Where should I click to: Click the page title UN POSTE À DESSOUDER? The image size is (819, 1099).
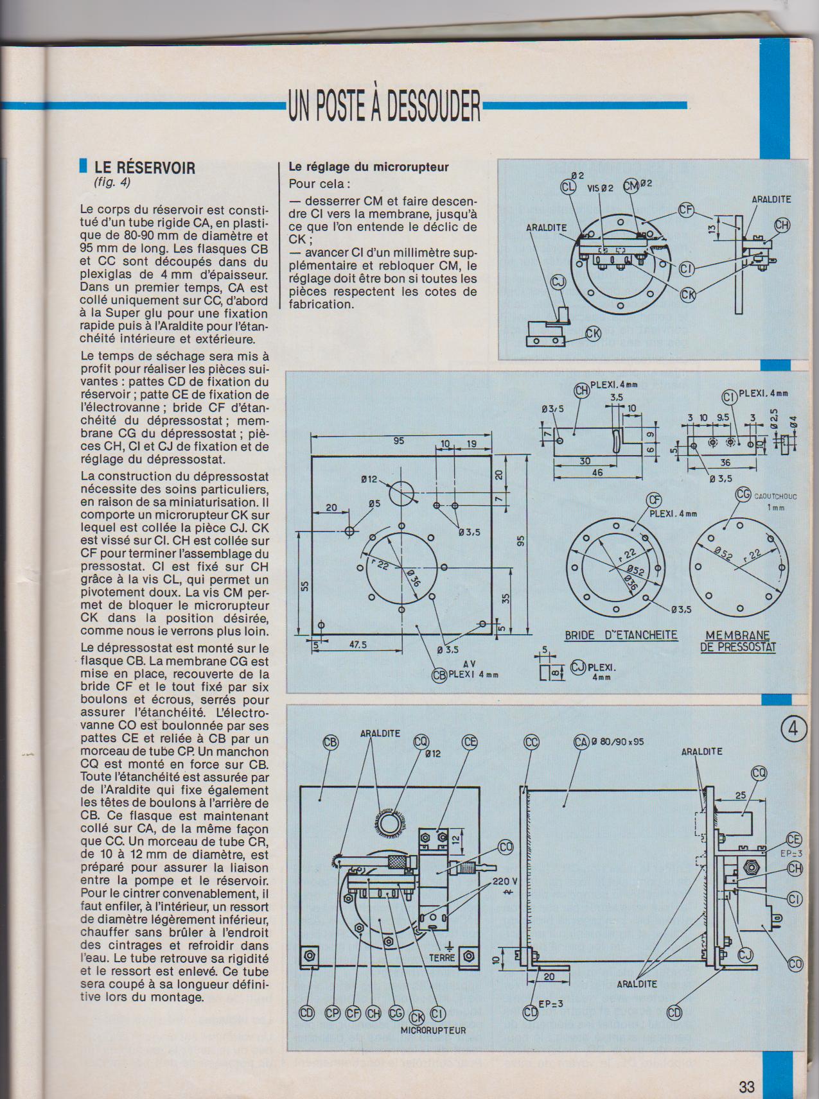tap(384, 106)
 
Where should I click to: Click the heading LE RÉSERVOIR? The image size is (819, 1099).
tap(145, 168)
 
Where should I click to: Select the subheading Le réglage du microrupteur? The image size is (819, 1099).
tap(369, 167)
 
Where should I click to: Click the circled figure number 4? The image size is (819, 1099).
tap(794, 730)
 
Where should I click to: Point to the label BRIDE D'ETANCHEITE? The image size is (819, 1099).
tap(621, 636)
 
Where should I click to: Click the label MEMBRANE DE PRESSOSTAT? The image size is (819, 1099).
tap(737, 641)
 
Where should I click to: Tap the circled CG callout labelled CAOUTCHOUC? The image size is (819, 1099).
tap(743, 495)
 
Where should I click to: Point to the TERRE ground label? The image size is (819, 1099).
tap(442, 957)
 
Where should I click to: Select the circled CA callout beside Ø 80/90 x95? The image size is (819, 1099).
tap(581, 743)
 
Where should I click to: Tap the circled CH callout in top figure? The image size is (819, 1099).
tap(782, 225)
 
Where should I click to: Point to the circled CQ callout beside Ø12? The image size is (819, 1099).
tap(421, 743)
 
